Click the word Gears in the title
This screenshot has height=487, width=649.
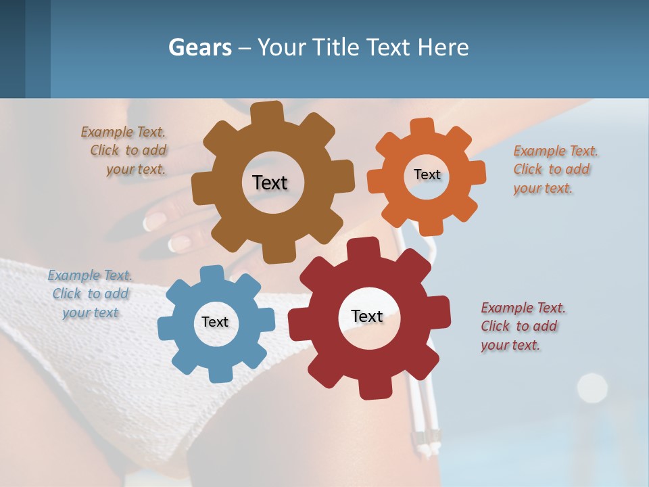[198, 47]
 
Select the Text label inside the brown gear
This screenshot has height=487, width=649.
[270, 183]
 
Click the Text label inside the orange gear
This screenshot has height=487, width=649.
[427, 175]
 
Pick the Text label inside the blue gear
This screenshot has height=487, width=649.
[215, 322]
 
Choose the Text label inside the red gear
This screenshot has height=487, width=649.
[367, 317]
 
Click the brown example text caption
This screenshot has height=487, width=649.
[124, 151]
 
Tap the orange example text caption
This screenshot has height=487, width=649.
[555, 169]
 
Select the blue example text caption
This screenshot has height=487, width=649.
[91, 294]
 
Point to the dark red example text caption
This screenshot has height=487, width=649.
[523, 326]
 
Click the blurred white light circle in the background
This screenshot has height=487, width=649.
[592, 388]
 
